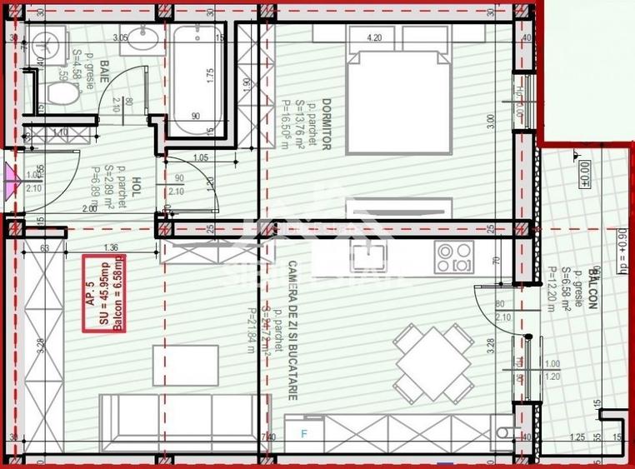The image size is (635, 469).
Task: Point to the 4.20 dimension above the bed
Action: (x=374, y=38)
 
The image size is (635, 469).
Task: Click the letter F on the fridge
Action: (x=304, y=433)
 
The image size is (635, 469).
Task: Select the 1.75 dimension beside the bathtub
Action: (x=211, y=73)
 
